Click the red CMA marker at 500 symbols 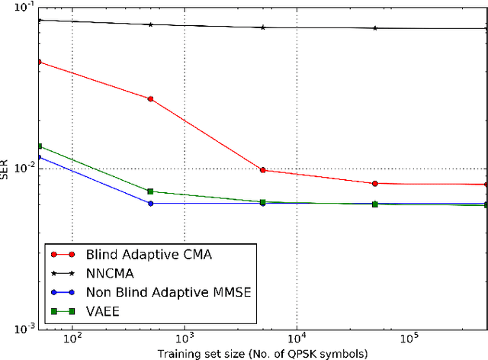tap(150, 99)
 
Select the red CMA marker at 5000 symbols tap(262, 170)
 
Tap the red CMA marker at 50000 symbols tap(374, 184)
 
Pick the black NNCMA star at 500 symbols tap(150, 24)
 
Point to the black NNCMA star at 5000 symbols tap(262, 27)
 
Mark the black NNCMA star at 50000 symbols tap(374, 28)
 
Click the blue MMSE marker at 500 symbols tap(150, 204)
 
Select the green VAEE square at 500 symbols tap(150, 191)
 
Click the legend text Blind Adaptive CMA tap(142, 255)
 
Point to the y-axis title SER tap(7, 169)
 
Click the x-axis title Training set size tap(262, 353)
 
